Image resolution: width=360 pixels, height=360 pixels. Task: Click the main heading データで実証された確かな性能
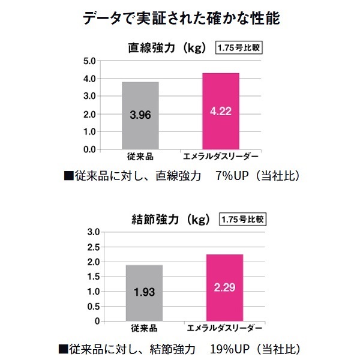point(180,19)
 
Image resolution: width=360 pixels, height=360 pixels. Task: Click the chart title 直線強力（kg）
point(167,47)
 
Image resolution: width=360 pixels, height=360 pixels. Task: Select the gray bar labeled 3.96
point(140,115)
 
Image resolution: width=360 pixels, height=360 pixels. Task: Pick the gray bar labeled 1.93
point(144,293)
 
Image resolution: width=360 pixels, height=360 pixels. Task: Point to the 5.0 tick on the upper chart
point(89,61)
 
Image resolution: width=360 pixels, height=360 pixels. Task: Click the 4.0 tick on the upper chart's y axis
point(89,79)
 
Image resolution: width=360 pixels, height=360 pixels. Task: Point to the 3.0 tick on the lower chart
point(92,232)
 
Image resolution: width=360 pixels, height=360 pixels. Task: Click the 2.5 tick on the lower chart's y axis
point(92,247)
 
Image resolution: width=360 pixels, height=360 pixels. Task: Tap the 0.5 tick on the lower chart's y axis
point(92,307)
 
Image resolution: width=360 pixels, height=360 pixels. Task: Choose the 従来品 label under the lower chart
point(144,329)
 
